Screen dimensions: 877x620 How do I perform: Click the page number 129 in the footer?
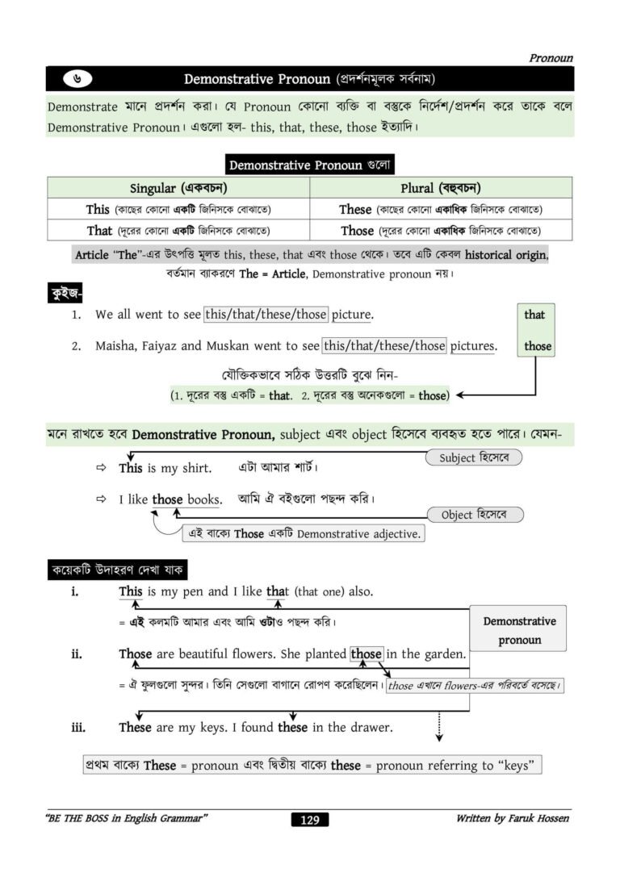click(x=309, y=821)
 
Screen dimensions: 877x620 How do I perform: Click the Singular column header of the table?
click(x=178, y=188)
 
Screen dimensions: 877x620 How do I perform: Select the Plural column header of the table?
click(x=441, y=188)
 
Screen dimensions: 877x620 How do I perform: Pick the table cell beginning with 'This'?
click(x=178, y=210)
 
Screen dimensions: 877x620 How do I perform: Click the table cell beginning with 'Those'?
click(x=441, y=231)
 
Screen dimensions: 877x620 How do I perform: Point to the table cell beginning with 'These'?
click(x=441, y=210)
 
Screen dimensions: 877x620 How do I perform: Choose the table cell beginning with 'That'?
click(x=178, y=231)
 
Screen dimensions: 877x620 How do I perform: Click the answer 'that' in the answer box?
click(x=534, y=315)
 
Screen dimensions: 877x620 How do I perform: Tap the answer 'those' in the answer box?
click(x=538, y=346)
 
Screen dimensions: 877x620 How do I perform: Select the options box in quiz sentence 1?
click(x=266, y=314)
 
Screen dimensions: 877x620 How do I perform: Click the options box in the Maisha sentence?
click(x=384, y=346)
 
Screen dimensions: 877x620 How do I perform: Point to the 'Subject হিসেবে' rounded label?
click(x=474, y=458)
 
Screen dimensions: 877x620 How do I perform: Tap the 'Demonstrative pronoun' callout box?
click(x=519, y=630)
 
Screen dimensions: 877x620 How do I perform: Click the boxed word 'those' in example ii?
click(x=367, y=654)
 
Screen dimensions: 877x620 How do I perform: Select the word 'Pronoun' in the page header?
click(x=551, y=58)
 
